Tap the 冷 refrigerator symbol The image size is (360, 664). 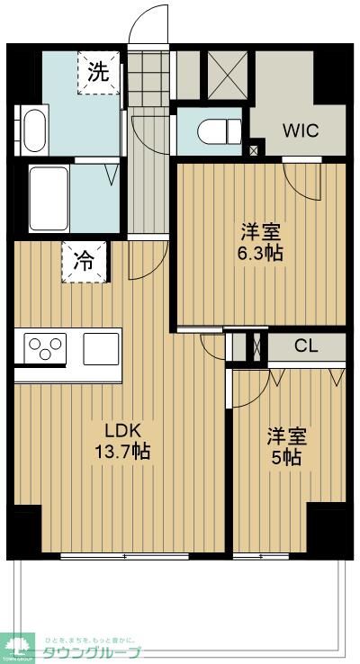(x=84, y=262)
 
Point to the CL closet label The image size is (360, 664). (x=305, y=345)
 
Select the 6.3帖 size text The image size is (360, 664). (x=261, y=253)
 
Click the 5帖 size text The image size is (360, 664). (x=286, y=458)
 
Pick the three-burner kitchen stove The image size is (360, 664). (x=46, y=348)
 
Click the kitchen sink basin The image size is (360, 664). (x=102, y=348)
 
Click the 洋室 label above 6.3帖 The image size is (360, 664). (x=261, y=230)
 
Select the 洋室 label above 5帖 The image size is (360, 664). (x=286, y=436)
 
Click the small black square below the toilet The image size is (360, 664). (x=254, y=150)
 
